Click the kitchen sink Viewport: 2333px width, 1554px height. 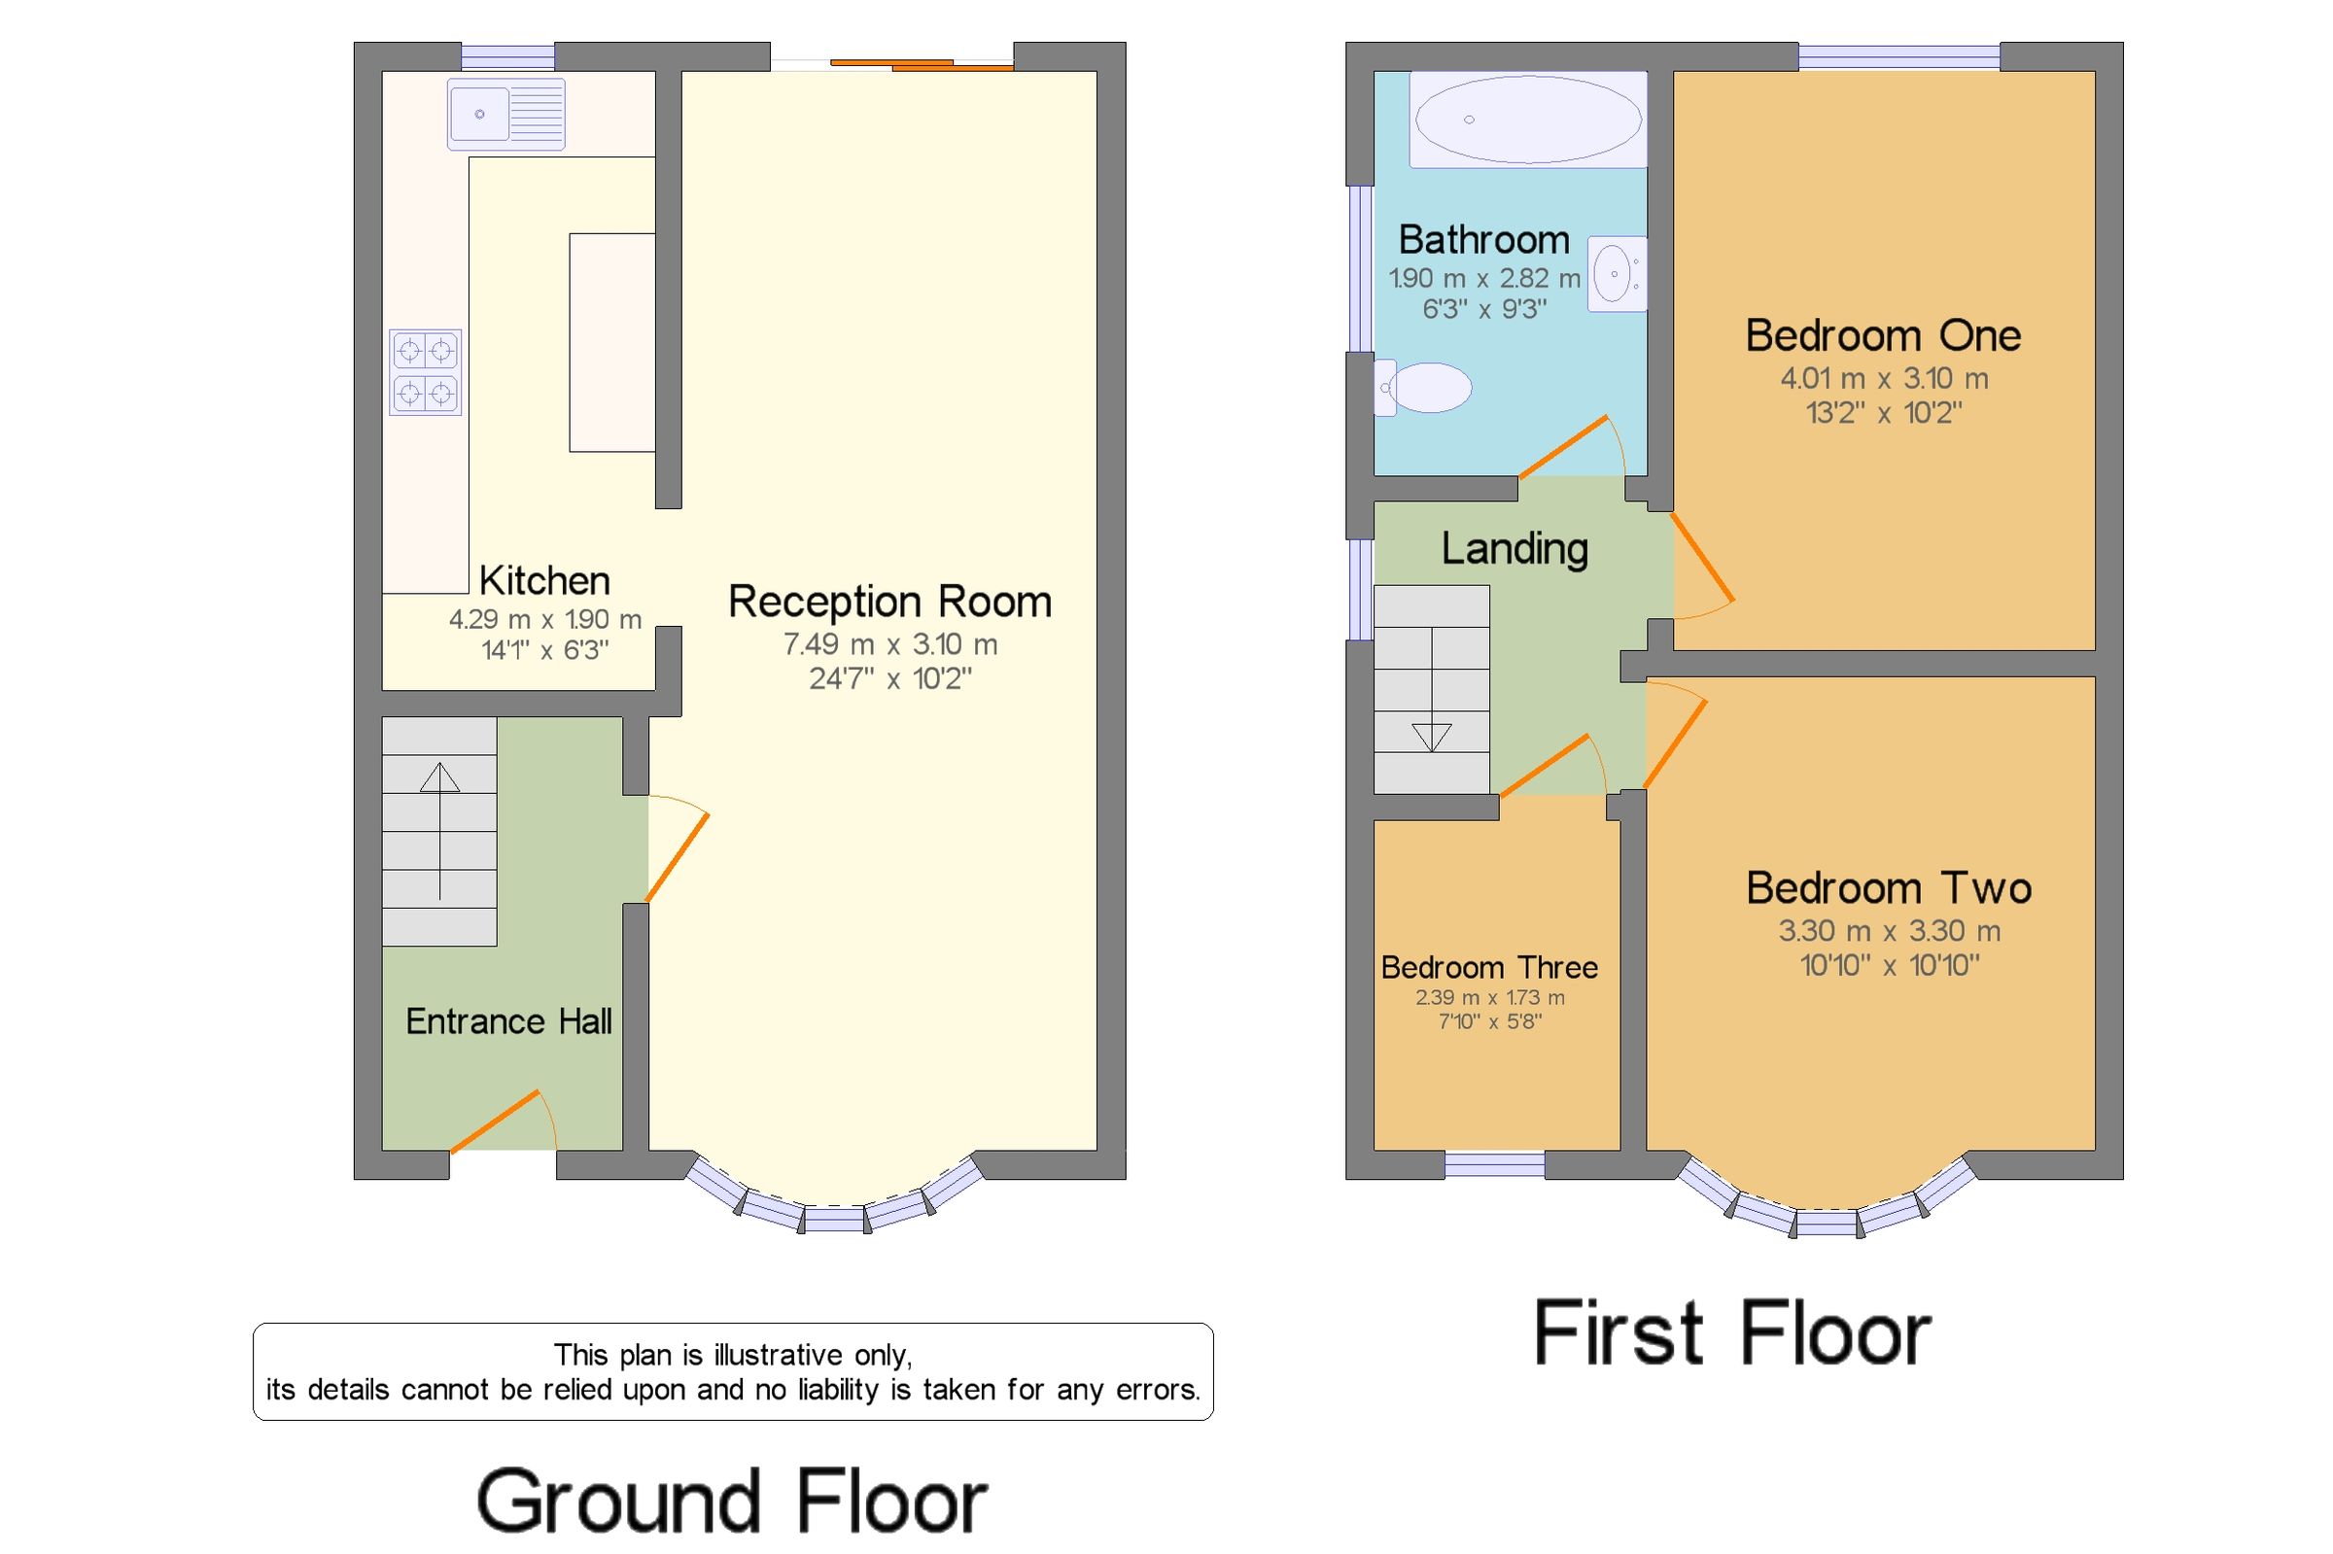505,114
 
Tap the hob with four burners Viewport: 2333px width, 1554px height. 425,371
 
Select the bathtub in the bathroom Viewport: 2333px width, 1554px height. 1527,119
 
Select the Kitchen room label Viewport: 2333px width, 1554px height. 545,581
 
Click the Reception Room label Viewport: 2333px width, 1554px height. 890,602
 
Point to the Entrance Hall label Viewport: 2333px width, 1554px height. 508,1020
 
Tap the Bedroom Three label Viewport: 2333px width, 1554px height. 1489,966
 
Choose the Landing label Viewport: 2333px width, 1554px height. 1515,548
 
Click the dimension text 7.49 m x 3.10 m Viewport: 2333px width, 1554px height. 890,644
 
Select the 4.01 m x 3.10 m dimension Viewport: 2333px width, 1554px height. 1884,378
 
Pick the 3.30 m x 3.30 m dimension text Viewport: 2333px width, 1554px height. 1889,931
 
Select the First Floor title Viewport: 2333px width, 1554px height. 1732,1333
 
